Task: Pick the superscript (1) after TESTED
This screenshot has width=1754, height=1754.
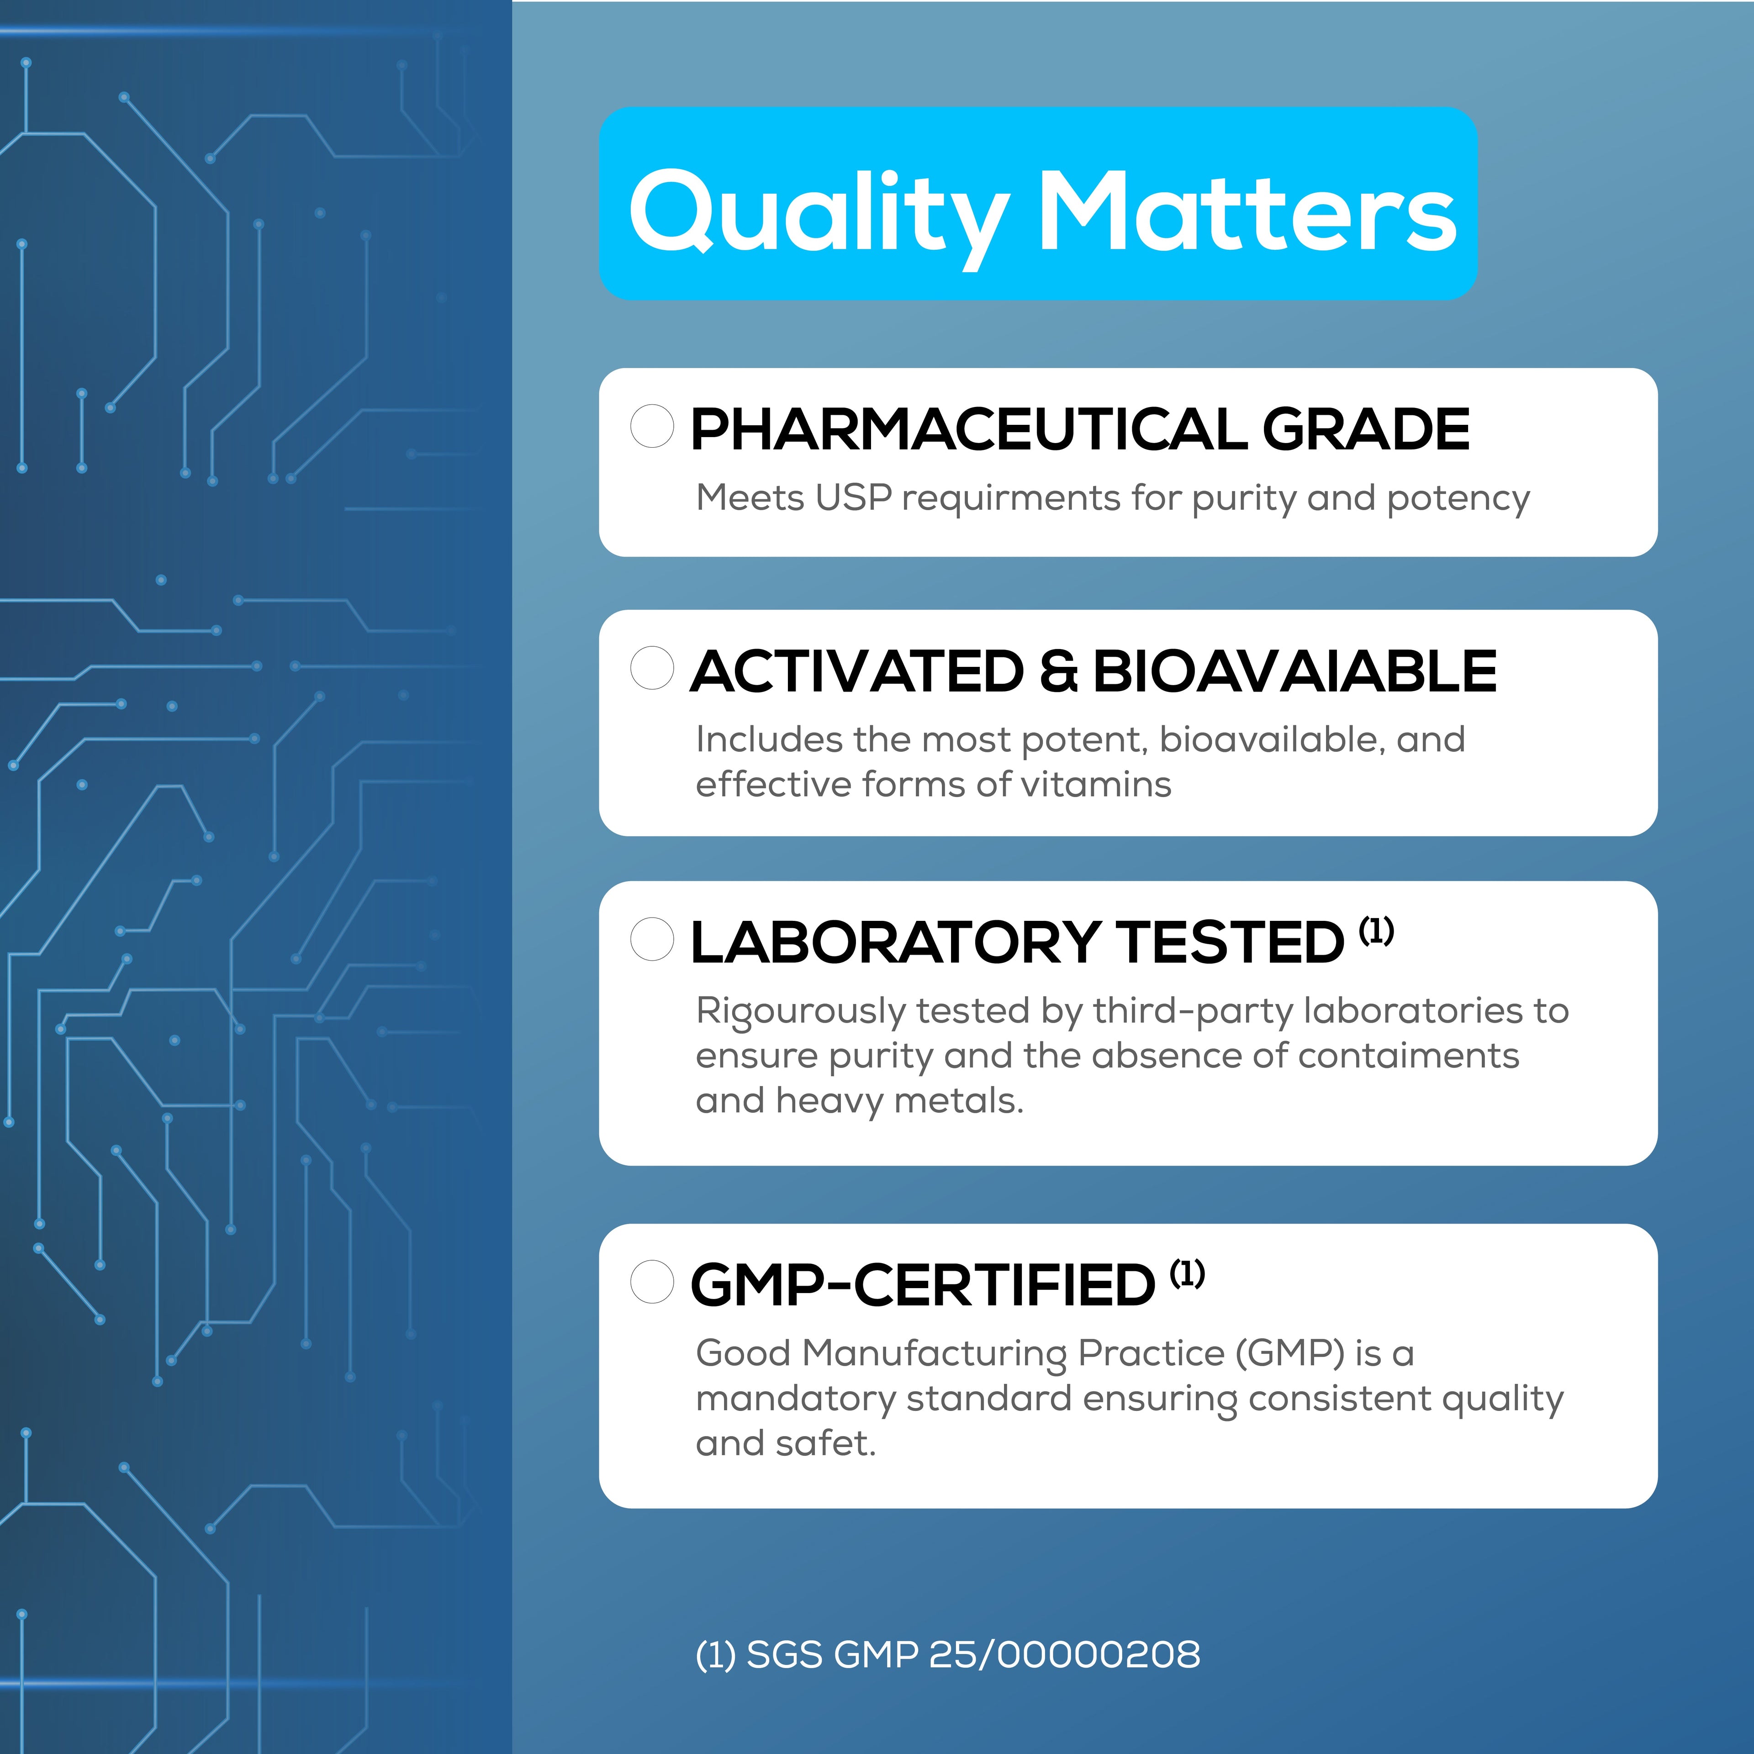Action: click(x=1376, y=930)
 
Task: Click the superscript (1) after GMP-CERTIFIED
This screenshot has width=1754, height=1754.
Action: click(x=1188, y=1274)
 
